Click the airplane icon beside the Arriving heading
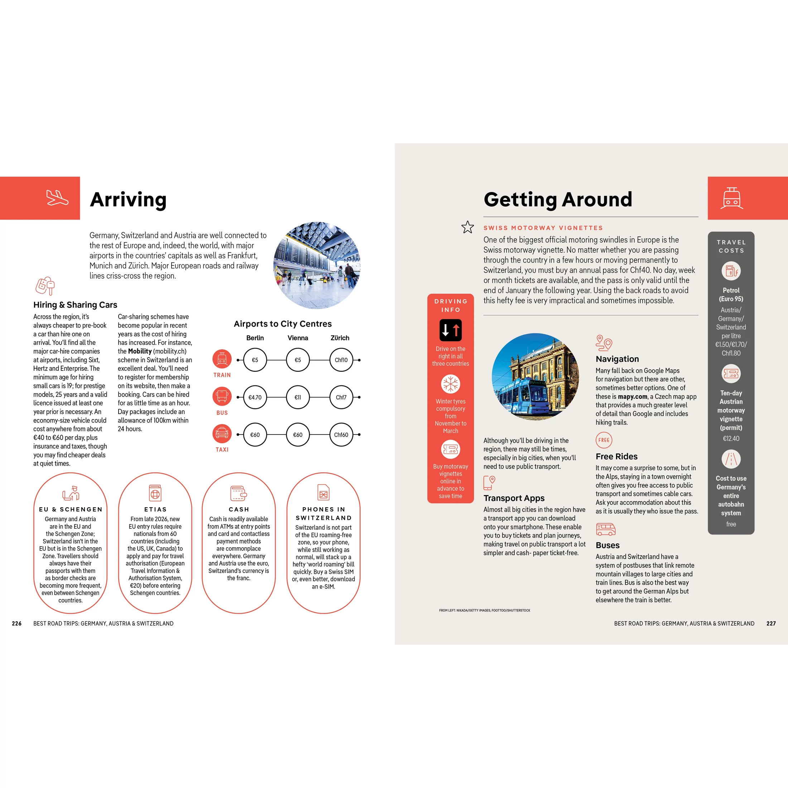57,198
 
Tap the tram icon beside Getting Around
732,198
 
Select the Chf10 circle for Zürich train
341,360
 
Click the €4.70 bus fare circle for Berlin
255,397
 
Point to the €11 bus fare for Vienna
298,397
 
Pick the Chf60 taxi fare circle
341,435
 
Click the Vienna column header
298,338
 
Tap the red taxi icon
222,433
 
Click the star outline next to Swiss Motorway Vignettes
467,227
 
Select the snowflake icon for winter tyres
451,384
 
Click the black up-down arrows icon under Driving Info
451,330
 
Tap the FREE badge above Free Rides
604,440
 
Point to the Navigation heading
617,359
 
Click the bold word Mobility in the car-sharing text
140,351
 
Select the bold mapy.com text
633,397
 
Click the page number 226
17,623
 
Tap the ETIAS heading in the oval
155,509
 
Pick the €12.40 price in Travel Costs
731,438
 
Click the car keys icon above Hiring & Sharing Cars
45,285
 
